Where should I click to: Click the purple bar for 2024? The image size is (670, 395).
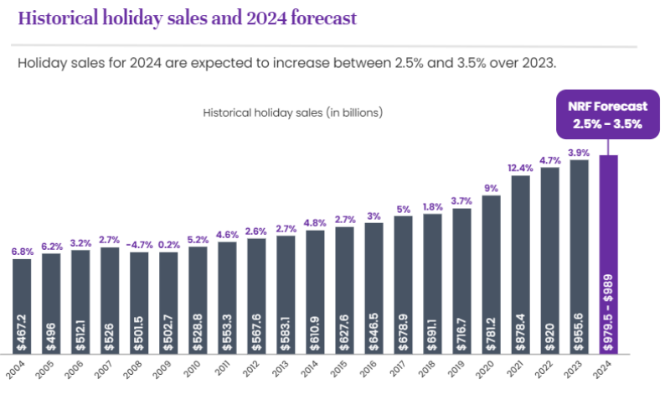(x=608, y=252)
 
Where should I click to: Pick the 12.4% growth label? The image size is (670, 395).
(x=521, y=169)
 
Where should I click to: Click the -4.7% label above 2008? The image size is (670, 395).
(x=139, y=245)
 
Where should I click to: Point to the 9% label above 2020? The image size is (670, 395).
(x=492, y=189)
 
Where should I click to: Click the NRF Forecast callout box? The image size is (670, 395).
(x=607, y=115)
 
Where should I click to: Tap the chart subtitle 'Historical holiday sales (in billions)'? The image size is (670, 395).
(x=293, y=112)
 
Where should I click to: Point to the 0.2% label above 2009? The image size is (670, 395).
(x=168, y=246)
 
